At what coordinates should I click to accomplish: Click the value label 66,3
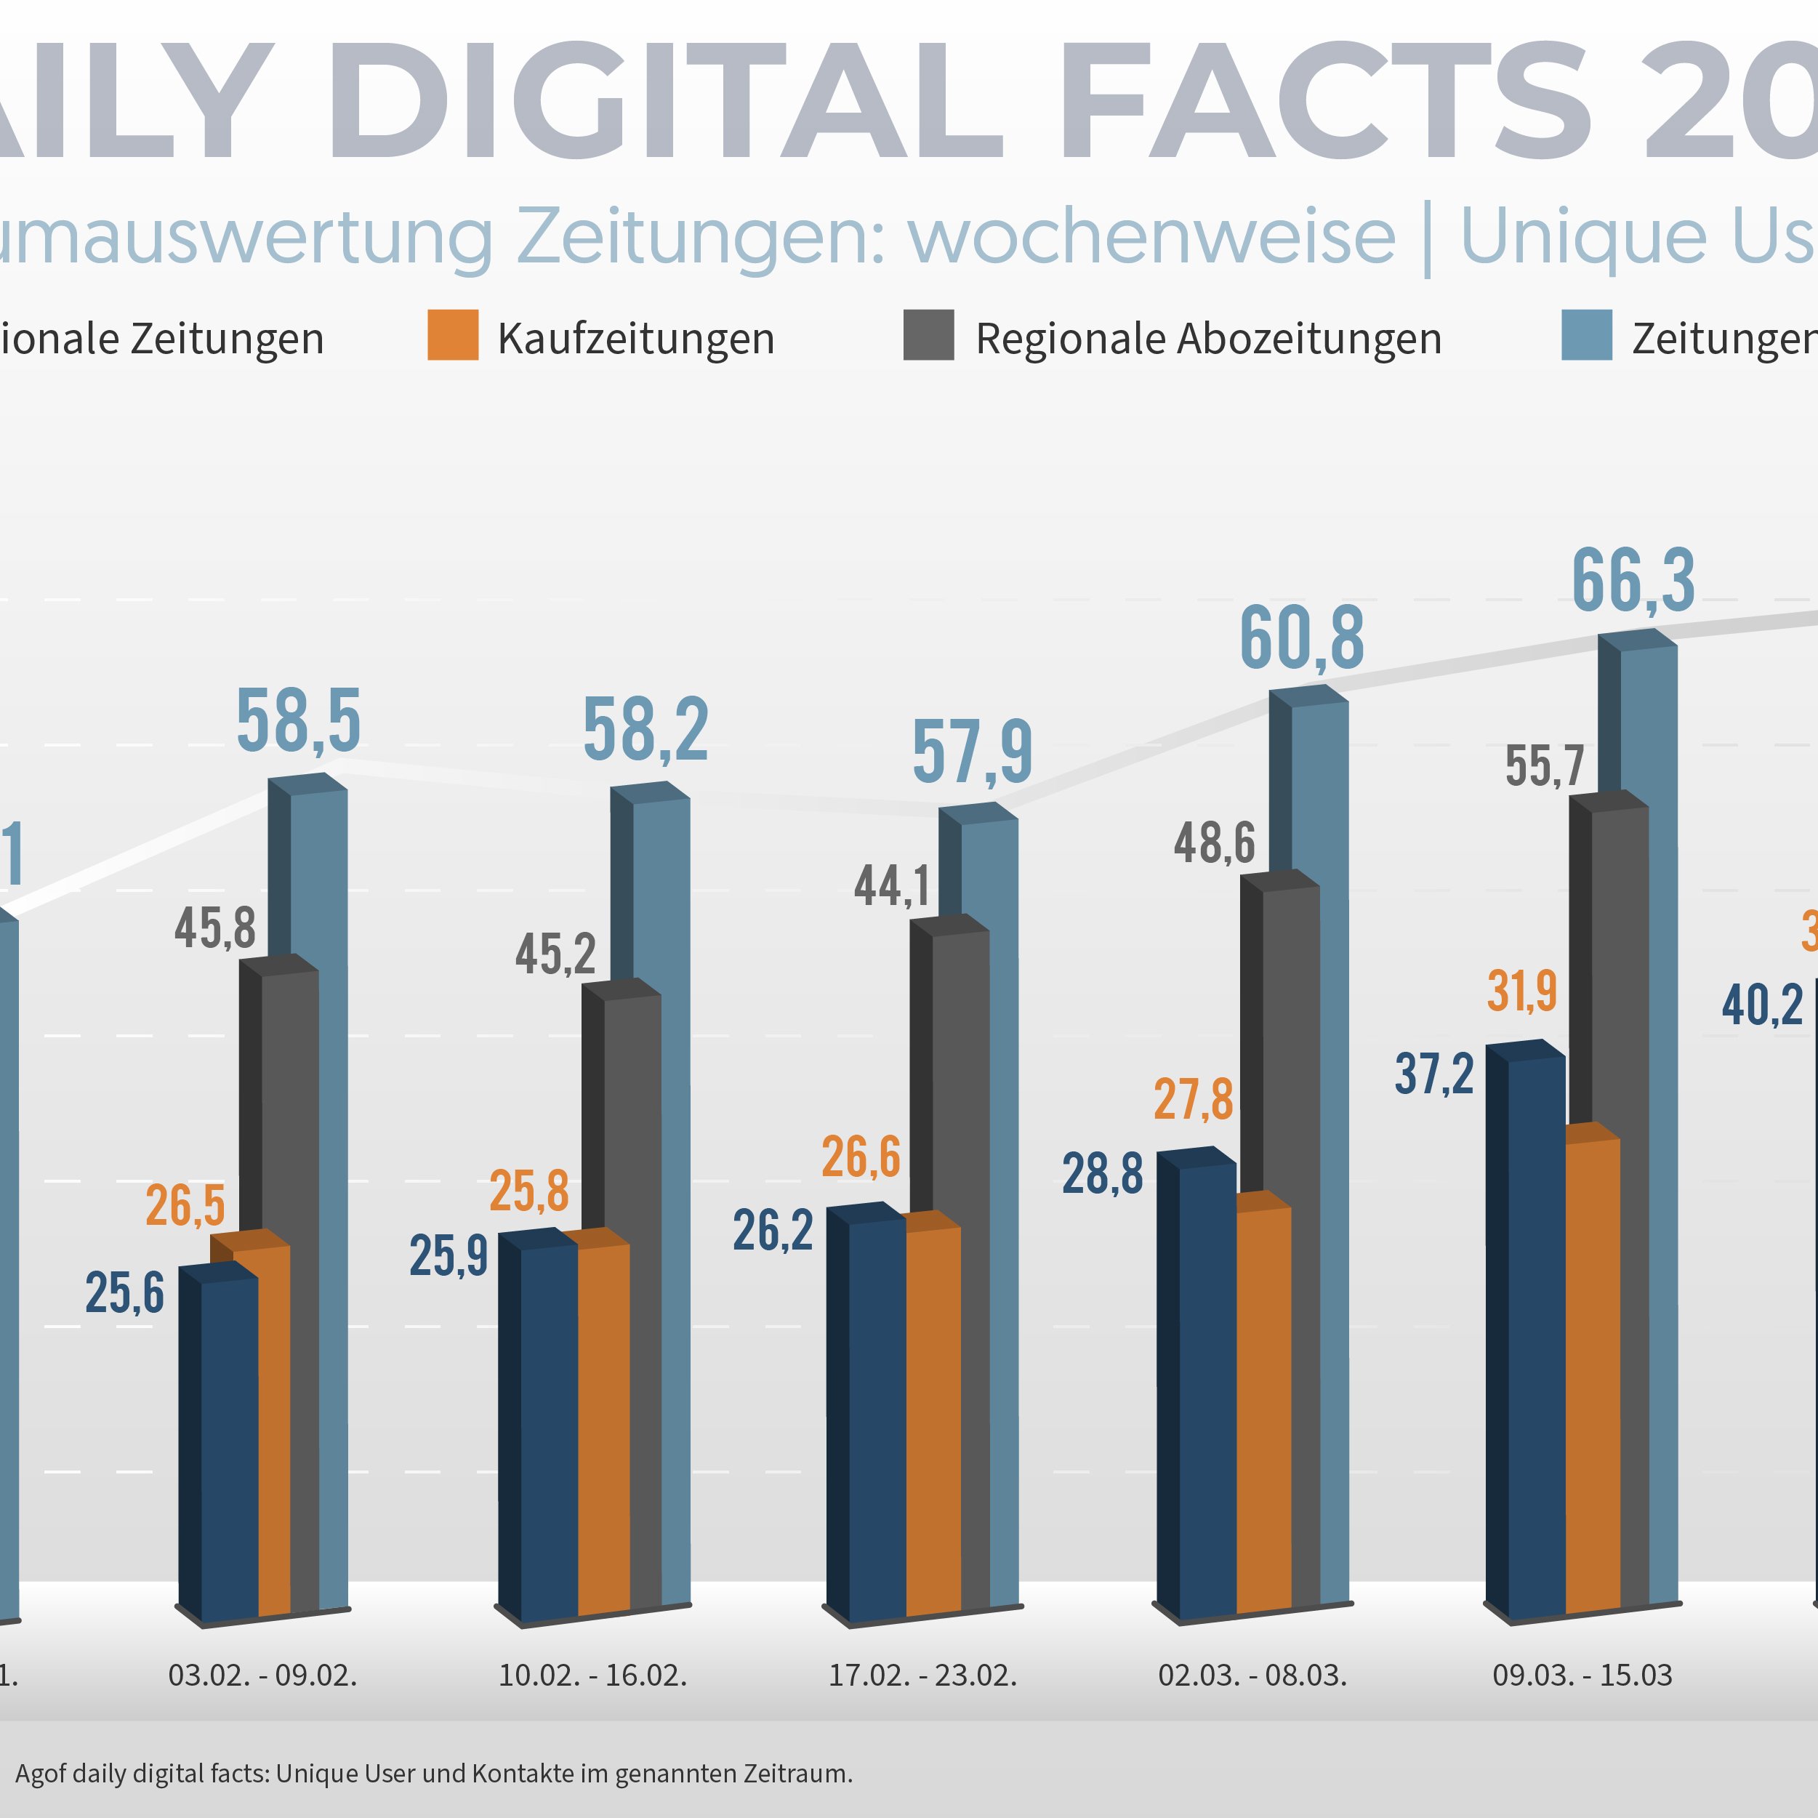(1633, 582)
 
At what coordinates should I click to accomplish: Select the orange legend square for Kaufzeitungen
(453, 335)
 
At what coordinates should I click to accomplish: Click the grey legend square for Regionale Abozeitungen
(928, 335)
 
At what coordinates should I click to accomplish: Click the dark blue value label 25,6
(124, 1292)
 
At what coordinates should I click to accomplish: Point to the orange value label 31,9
(1521, 991)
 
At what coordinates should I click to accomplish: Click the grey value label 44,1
(891, 885)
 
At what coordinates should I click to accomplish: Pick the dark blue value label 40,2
(1761, 1005)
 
